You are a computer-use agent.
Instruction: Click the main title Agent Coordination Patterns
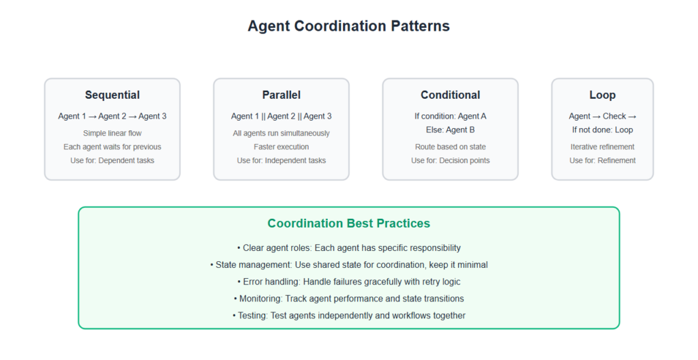[x=348, y=26]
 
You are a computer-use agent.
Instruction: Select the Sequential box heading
[x=112, y=95]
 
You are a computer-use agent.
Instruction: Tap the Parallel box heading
[x=282, y=95]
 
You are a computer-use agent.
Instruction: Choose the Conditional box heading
[x=451, y=95]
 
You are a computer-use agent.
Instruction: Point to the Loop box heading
[x=603, y=95]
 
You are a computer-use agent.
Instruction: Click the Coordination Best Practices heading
[x=349, y=223]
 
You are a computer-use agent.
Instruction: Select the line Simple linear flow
[x=112, y=133]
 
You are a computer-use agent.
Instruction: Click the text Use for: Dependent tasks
[x=112, y=160]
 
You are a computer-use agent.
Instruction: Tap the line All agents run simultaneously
[x=282, y=133]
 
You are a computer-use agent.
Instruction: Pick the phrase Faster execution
[x=282, y=147]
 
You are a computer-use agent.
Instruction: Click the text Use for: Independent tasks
[x=282, y=160]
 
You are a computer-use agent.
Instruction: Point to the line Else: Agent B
[x=451, y=130]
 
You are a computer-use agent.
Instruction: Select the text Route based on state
[x=451, y=147]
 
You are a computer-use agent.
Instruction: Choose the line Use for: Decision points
[x=451, y=160]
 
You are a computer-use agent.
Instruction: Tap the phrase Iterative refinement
[x=603, y=147]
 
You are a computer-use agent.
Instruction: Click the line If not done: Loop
[x=603, y=130]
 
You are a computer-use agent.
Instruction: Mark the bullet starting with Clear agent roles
[x=349, y=247]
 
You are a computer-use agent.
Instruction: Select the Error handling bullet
[x=349, y=282]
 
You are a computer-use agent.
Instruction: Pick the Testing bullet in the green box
[x=349, y=316]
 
